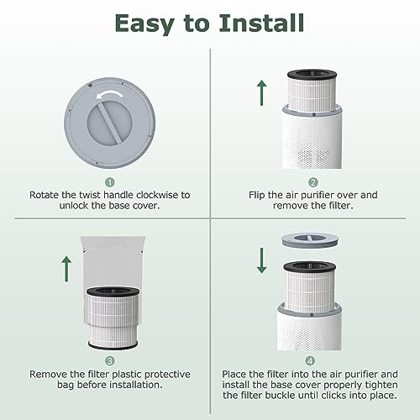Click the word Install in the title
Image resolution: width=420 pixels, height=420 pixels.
pos(261,23)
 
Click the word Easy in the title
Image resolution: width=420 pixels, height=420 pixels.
pos(144,24)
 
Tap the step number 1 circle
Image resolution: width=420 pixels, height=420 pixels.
pos(110,182)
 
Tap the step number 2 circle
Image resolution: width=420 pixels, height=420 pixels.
pos(313,182)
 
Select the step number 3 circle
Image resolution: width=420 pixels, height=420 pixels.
pos(110,360)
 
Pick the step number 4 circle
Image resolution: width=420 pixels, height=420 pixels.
pos(310,360)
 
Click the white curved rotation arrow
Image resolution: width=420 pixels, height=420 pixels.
pos(110,95)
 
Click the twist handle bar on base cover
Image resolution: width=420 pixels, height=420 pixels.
pos(110,123)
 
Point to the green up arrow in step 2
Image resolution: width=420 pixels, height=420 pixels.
pos(262,92)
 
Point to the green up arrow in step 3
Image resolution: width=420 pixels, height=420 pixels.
pos(66,269)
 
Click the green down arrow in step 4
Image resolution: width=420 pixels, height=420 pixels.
pos(262,260)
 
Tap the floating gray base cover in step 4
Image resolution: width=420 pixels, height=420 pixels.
pos(310,241)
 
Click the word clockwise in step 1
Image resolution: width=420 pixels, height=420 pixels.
pos(157,195)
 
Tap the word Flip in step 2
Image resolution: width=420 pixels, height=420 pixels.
pos(256,195)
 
